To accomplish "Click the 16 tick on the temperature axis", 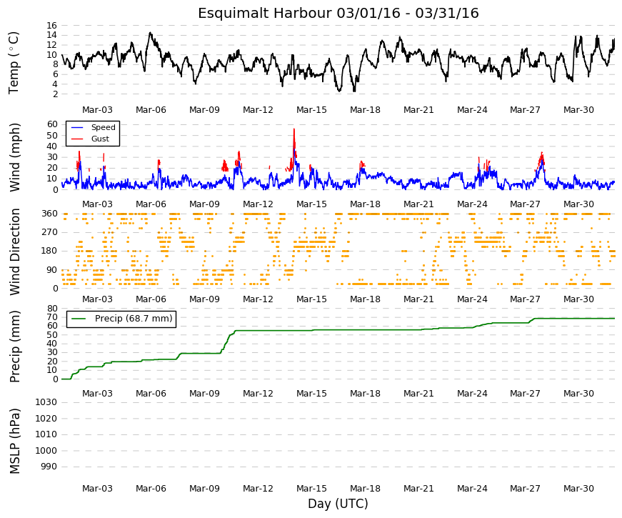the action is pyautogui.click(x=51, y=26).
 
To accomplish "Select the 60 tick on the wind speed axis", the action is pyautogui.click(x=52, y=124).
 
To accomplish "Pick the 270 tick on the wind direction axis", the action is pyautogui.click(x=49, y=232).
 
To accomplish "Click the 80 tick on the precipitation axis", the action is pyautogui.click(x=52, y=309).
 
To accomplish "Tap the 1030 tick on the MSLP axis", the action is pyautogui.click(x=46, y=402).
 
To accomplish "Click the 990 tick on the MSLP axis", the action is pyautogui.click(x=49, y=467).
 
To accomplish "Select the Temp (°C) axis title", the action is pyautogui.click(x=14, y=63).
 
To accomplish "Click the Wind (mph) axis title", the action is pyautogui.click(x=15, y=158).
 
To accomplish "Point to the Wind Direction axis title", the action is pyautogui.click(x=15, y=251).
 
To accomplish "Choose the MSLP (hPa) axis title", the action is pyautogui.click(x=15, y=442).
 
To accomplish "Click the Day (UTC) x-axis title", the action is pyautogui.click(x=338, y=504).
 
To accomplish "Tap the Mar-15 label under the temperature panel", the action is pyautogui.click(x=311, y=110).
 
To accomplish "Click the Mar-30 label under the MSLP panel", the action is pyautogui.click(x=578, y=489).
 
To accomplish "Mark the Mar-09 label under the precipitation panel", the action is pyautogui.click(x=204, y=394).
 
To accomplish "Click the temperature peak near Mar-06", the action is pyautogui.click(x=150, y=33).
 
